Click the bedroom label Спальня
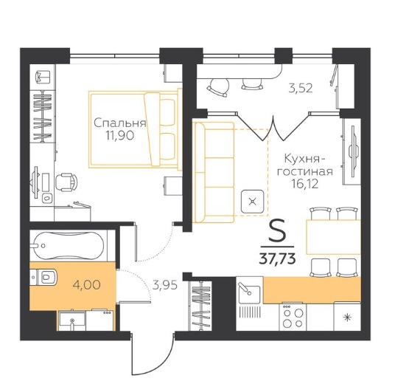119,123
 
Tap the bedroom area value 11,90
119,136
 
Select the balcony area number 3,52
301,89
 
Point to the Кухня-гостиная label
305,165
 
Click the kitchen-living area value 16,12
304,184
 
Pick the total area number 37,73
277,259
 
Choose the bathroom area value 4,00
86,285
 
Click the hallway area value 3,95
165,285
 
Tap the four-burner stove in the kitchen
293,317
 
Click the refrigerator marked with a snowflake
347,316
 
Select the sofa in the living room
214,172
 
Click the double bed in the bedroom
135,129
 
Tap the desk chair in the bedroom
66,182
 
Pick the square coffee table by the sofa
252,201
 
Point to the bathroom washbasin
71,320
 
